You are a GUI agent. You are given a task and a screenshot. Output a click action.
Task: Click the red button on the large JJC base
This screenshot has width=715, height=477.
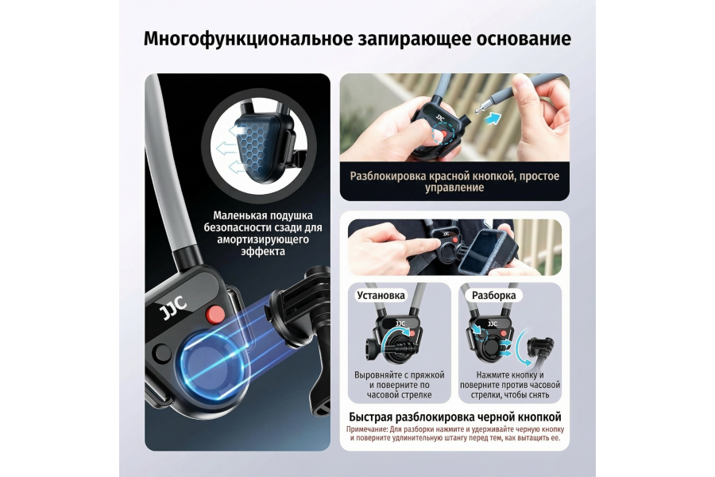click(214, 315)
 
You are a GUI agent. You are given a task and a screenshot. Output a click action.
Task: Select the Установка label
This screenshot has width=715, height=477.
click(381, 295)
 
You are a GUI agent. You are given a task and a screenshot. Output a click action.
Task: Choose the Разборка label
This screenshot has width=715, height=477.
click(493, 295)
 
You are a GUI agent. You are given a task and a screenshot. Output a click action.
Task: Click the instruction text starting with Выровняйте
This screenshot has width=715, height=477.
click(400, 384)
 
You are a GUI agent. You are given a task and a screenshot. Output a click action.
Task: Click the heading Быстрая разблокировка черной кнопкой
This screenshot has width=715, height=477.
click(455, 417)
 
